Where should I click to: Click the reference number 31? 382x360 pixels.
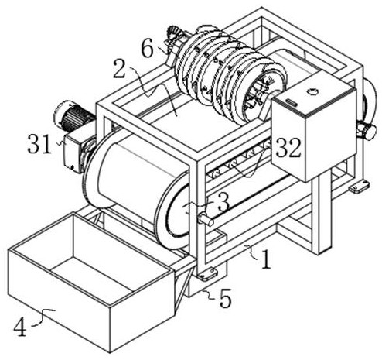point(39,144)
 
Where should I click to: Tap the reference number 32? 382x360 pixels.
point(288,148)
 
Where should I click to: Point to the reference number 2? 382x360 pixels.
point(119,69)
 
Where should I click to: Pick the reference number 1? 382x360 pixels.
point(267,259)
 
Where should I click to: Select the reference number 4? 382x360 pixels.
point(20,327)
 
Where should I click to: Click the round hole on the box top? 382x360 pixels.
point(312,91)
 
